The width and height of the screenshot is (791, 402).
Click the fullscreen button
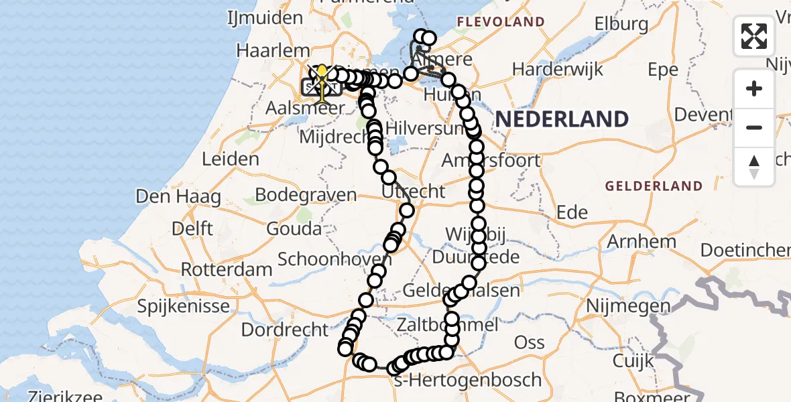point(754,36)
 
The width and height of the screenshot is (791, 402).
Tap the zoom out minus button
point(754,127)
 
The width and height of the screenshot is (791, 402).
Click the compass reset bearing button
point(754,166)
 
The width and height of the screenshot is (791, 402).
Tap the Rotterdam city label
point(228,270)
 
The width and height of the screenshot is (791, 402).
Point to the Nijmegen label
point(628,306)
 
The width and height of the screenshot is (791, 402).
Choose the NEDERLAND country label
point(562,119)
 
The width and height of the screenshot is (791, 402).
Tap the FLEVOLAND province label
point(500,22)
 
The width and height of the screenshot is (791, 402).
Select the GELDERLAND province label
point(654,186)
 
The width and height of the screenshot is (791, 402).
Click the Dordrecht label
point(285,330)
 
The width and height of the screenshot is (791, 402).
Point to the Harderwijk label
point(558,69)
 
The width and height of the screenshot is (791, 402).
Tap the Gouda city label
point(294,229)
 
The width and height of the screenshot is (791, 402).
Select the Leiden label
point(230,159)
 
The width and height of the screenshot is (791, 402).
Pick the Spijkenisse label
point(183,307)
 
